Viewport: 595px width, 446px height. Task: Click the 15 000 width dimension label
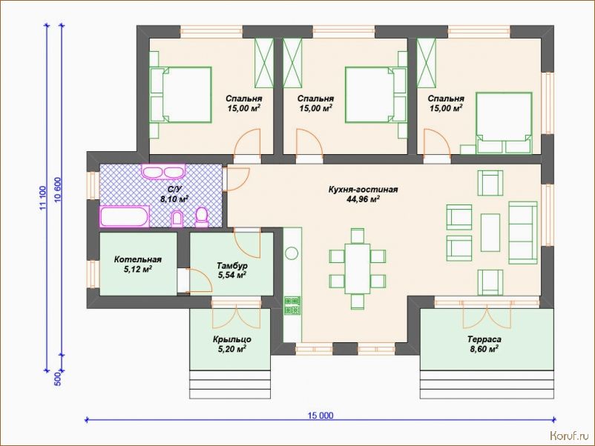[320, 416]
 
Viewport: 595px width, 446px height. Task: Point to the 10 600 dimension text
[58, 190]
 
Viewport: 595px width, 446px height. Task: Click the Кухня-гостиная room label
[363, 189]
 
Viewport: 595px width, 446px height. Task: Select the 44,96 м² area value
[363, 199]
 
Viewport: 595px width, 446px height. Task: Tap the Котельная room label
[138, 259]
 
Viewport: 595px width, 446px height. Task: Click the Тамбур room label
[232, 266]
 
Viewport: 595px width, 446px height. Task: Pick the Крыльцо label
[232, 339]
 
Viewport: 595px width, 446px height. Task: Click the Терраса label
[484, 339]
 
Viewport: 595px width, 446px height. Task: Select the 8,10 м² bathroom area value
[174, 199]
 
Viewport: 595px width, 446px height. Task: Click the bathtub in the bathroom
[124, 216]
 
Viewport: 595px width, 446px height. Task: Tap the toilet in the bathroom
[202, 218]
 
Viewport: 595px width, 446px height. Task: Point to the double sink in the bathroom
[163, 171]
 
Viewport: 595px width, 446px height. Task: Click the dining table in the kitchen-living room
[358, 269]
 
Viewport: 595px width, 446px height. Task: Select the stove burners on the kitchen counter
[292, 306]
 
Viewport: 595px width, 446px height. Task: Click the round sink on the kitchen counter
[292, 253]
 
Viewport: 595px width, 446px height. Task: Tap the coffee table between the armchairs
[490, 233]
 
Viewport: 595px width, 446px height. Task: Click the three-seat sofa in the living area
[523, 233]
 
